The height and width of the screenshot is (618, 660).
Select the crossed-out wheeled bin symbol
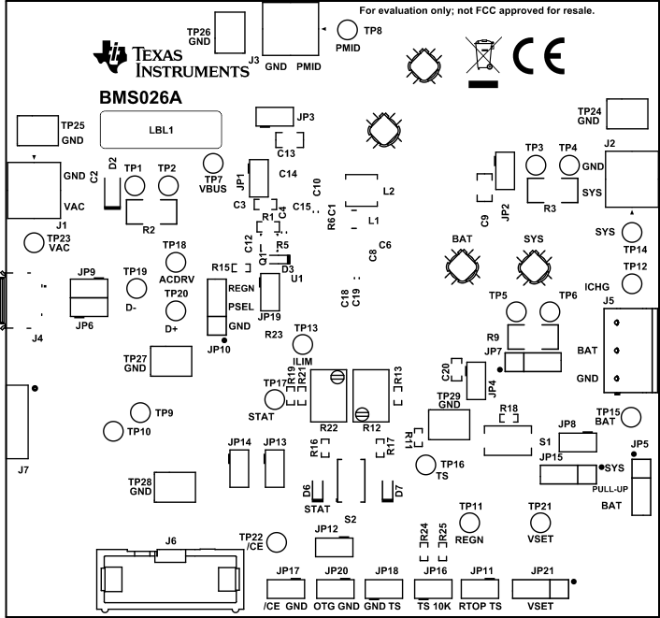tap(481, 59)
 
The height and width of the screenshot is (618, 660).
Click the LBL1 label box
tap(160, 130)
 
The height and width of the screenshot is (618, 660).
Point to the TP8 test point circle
tap(348, 30)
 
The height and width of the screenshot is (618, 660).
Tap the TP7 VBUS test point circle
tap(214, 163)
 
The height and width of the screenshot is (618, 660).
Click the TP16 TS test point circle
tap(426, 464)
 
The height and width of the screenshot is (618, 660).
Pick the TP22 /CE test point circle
tap(277, 542)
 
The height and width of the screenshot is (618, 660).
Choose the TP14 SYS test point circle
tap(632, 232)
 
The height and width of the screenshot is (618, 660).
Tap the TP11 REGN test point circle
tap(469, 522)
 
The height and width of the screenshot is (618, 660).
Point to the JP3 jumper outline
tap(273, 118)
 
